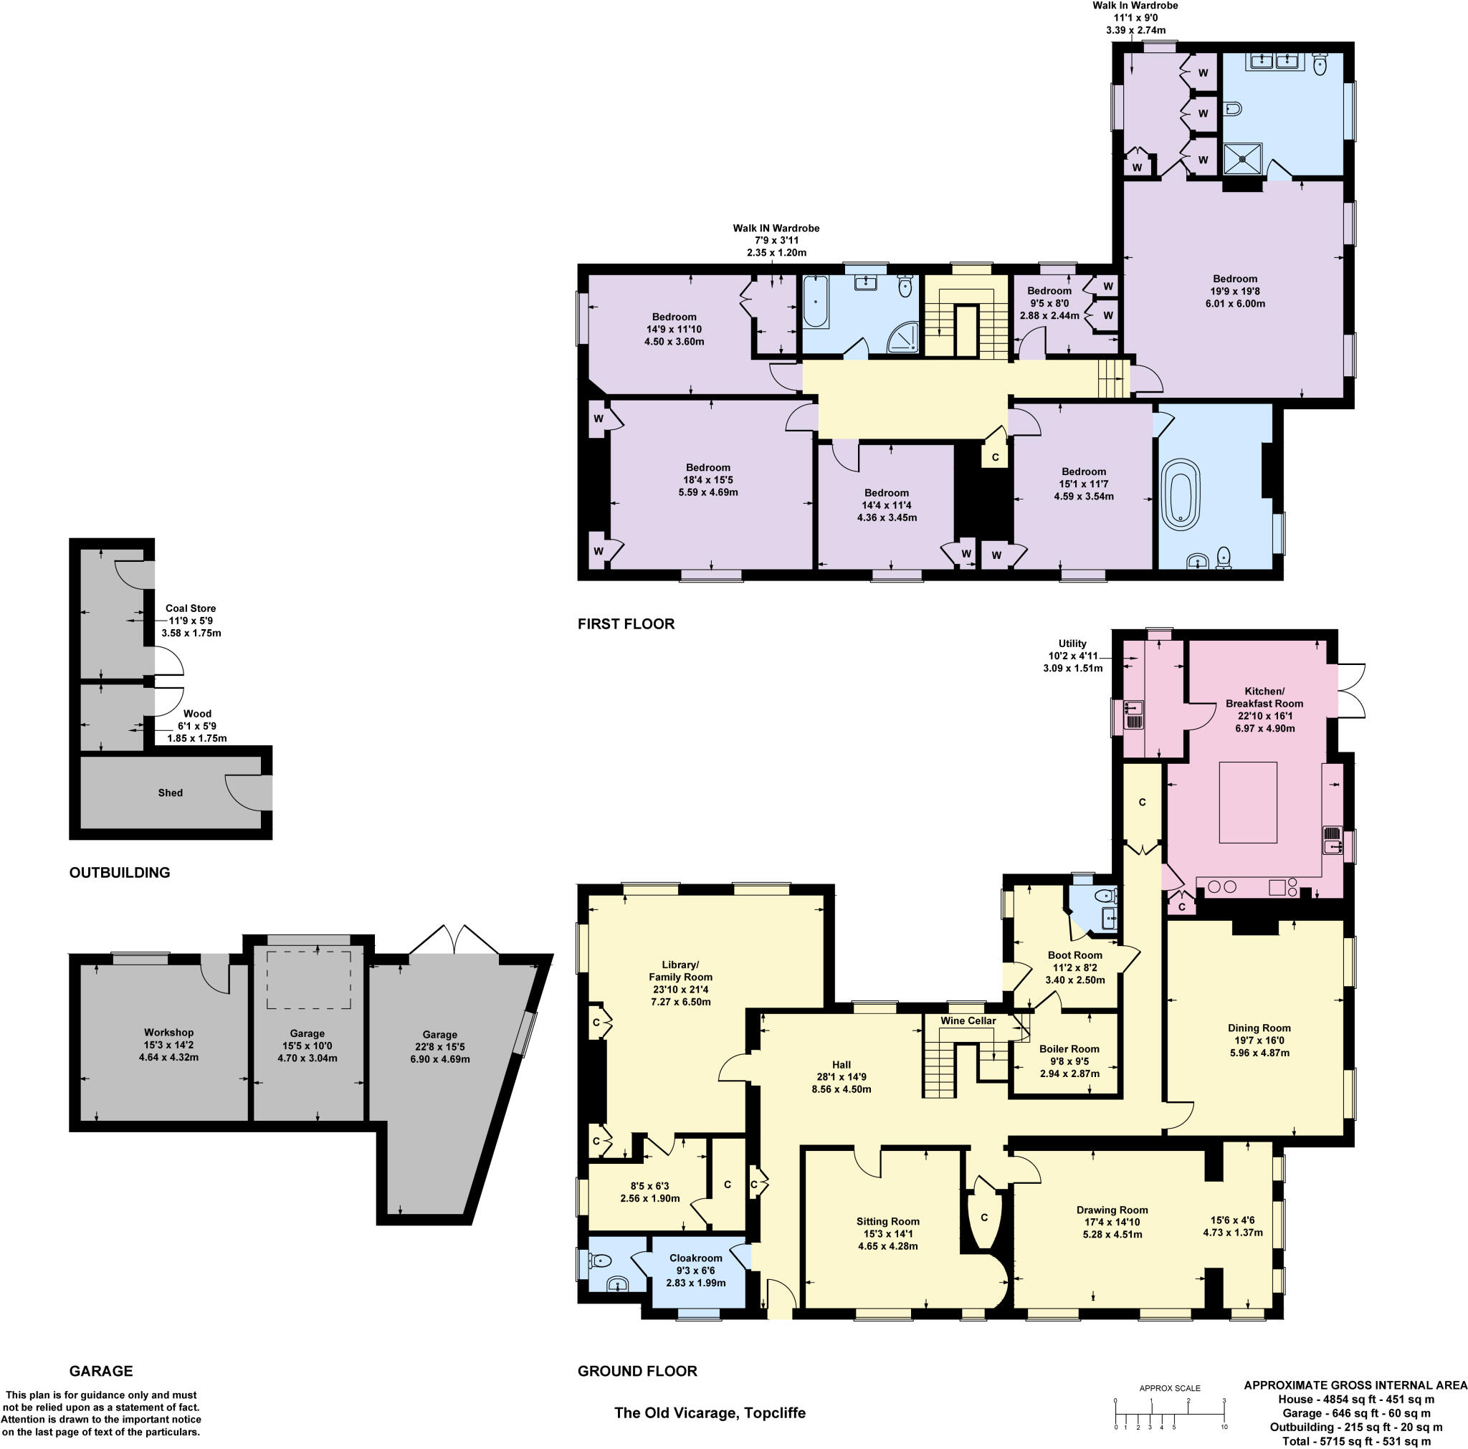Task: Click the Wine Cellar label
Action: click(967, 1020)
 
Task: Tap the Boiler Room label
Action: click(1069, 1048)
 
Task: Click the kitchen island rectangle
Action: click(1248, 803)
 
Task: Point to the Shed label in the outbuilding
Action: click(170, 793)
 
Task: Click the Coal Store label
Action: click(191, 608)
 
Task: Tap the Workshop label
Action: click(168, 1032)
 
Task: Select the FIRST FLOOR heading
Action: click(625, 624)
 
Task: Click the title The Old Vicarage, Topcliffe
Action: click(710, 1412)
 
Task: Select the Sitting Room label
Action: click(887, 1221)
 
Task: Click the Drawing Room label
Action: click(1112, 1210)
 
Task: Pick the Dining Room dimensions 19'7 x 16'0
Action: click(1259, 1041)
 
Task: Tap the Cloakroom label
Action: click(695, 1258)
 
